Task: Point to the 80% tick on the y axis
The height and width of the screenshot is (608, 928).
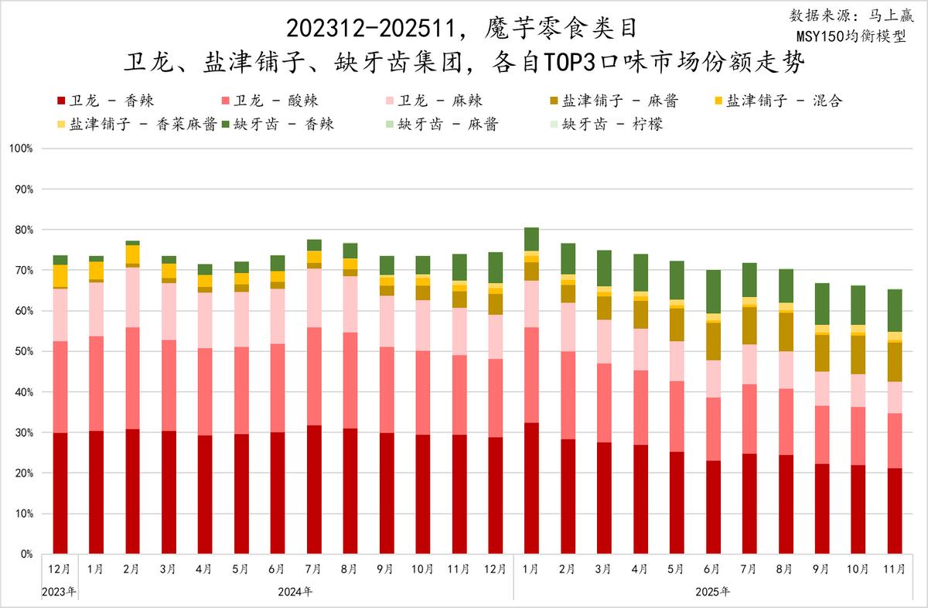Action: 26,230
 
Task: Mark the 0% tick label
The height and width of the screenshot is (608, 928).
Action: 28,554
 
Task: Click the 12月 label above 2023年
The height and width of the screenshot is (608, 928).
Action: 60,570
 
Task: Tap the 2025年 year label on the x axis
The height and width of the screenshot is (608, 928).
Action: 712,592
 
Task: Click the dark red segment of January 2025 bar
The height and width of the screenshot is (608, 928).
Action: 532,488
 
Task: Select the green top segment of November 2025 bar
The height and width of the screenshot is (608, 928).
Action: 895,310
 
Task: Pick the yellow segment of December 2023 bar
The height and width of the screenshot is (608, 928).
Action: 60,275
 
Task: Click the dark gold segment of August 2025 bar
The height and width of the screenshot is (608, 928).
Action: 786,332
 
